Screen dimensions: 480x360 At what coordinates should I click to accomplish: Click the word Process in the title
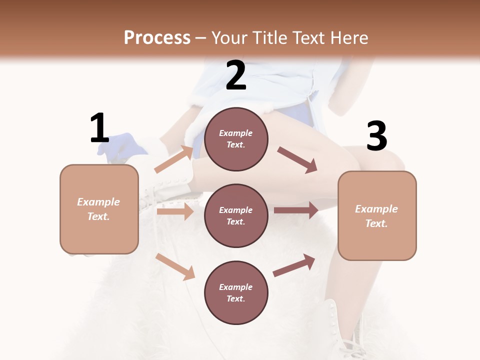click(x=157, y=38)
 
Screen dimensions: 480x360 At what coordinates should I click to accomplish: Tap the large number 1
click(x=99, y=128)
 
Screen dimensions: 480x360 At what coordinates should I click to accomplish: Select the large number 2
click(x=236, y=75)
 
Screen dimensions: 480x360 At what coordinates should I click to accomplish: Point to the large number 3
click(x=376, y=136)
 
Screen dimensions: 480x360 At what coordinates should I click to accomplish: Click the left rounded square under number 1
click(x=99, y=209)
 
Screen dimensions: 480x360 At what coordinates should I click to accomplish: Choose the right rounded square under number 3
click(x=377, y=215)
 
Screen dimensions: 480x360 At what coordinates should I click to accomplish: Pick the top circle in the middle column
click(x=236, y=139)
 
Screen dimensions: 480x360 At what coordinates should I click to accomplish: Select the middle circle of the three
click(x=236, y=215)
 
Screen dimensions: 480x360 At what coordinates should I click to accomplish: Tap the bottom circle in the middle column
click(x=236, y=292)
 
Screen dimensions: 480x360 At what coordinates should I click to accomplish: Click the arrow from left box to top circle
click(x=174, y=159)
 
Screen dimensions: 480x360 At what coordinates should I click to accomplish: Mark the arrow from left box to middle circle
click(x=175, y=211)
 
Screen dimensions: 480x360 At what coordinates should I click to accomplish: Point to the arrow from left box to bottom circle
click(x=175, y=266)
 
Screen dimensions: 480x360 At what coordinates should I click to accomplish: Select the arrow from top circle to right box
click(x=297, y=159)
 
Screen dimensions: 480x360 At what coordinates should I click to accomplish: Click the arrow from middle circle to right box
click(x=296, y=210)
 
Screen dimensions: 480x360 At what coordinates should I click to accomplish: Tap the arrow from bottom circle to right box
click(x=294, y=265)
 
